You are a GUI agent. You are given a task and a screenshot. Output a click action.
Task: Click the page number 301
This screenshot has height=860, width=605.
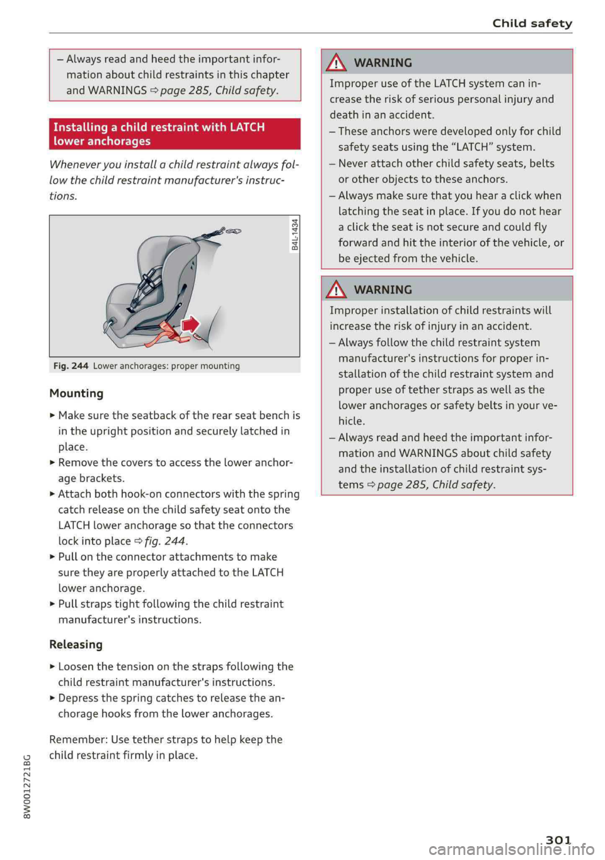tap(558, 839)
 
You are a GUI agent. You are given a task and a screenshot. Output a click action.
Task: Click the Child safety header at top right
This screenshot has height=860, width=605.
tap(532, 23)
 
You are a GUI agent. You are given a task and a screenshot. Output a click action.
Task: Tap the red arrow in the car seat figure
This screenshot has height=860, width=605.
tap(190, 324)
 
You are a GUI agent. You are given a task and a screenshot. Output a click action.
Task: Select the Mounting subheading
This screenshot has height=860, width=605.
tap(76, 394)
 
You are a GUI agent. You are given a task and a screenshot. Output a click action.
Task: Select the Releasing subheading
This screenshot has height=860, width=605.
tap(76, 645)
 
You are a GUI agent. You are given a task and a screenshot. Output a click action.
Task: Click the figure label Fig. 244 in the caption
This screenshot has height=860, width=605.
tap(71, 366)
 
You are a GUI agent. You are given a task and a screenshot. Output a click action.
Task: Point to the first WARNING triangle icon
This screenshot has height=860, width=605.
tap(337, 62)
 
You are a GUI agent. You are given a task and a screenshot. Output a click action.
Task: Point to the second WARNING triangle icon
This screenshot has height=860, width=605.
tap(337, 290)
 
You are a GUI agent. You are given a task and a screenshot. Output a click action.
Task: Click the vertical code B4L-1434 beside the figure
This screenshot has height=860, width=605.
tap(295, 234)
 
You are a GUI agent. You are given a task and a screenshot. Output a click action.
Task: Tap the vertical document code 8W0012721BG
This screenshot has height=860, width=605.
tap(26, 786)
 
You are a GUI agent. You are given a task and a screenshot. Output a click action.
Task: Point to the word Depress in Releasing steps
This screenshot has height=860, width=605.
tap(78, 698)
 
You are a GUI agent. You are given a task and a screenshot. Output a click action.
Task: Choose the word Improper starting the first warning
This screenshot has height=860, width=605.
tap(353, 83)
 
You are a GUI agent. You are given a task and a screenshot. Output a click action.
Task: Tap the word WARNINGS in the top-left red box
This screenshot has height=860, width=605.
tap(117, 90)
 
